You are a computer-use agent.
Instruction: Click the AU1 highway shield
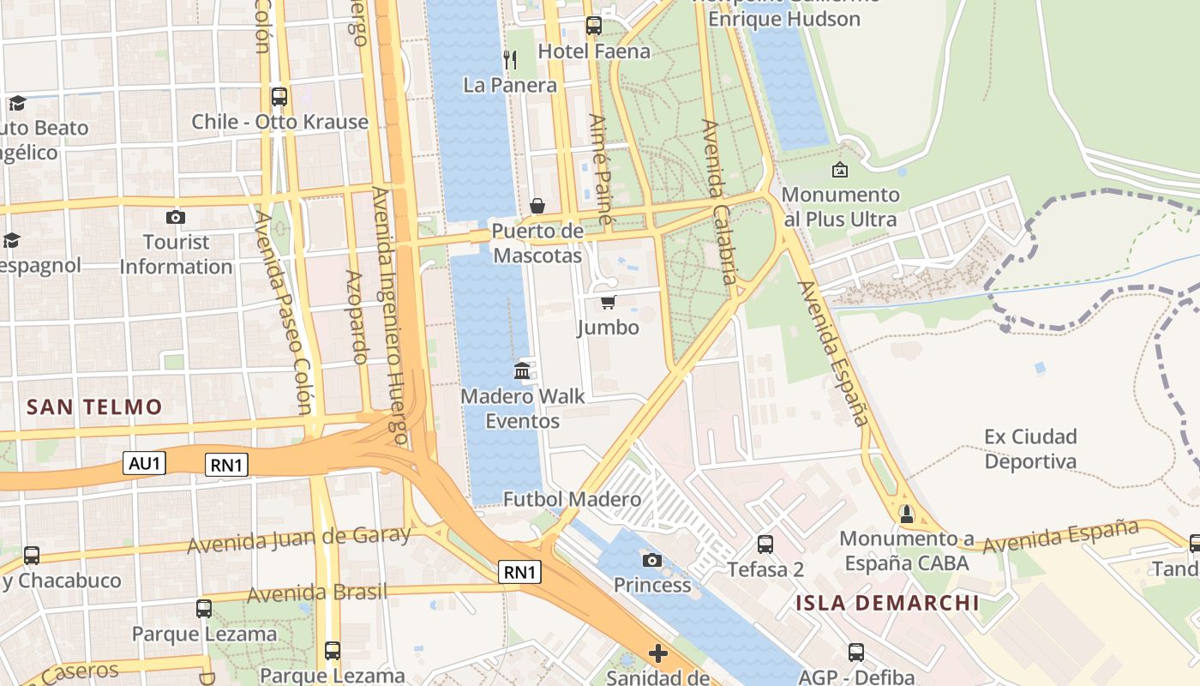pyautogui.click(x=144, y=464)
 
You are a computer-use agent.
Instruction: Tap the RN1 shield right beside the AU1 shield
pyautogui.click(x=227, y=466)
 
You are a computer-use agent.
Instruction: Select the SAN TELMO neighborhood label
pyautogui.click(x=94, y=406)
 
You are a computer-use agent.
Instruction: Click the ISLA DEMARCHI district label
pyautogui.click(x=887, y=602)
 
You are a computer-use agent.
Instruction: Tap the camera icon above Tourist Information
pyautogui.click(x=176, y=217)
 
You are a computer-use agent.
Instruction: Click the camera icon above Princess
pyautogui.click(x=652, y=560)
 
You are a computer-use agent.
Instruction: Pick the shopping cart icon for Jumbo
pyautogui.click(x=608, y=302)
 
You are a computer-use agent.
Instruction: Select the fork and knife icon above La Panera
pyautogui.click(x=510, y=59)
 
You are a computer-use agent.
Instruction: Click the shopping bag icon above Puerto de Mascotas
pyautogui.click(x=537, y=206)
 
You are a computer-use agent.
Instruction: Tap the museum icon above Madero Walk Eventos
pyautogui.click(x=522, y=370)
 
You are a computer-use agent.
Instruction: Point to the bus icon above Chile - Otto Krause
pyautogui.click(x=279, y=96)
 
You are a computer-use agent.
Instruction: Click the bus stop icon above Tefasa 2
pyautogui.click(x=765, y=544)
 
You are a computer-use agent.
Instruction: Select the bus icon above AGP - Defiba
pyautogui.click(x=856, y=652)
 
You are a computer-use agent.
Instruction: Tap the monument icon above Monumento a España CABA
pyautogui.click(x=907, y=514)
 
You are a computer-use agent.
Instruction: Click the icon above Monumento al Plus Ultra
pyautogui.click(x=840, y=170)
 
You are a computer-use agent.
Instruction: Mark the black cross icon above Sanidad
pyautogui.click(x=658, y=654)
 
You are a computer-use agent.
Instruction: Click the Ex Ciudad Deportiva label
pyautogui.click(x=1030, y=449)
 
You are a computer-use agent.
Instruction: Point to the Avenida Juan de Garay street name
pyautogui.click(x=299, y=539)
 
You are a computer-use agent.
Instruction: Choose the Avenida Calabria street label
pyautogui.click(x=719, y=202)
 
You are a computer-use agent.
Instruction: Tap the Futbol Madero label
pyautogui.click(x=572, y=499)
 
